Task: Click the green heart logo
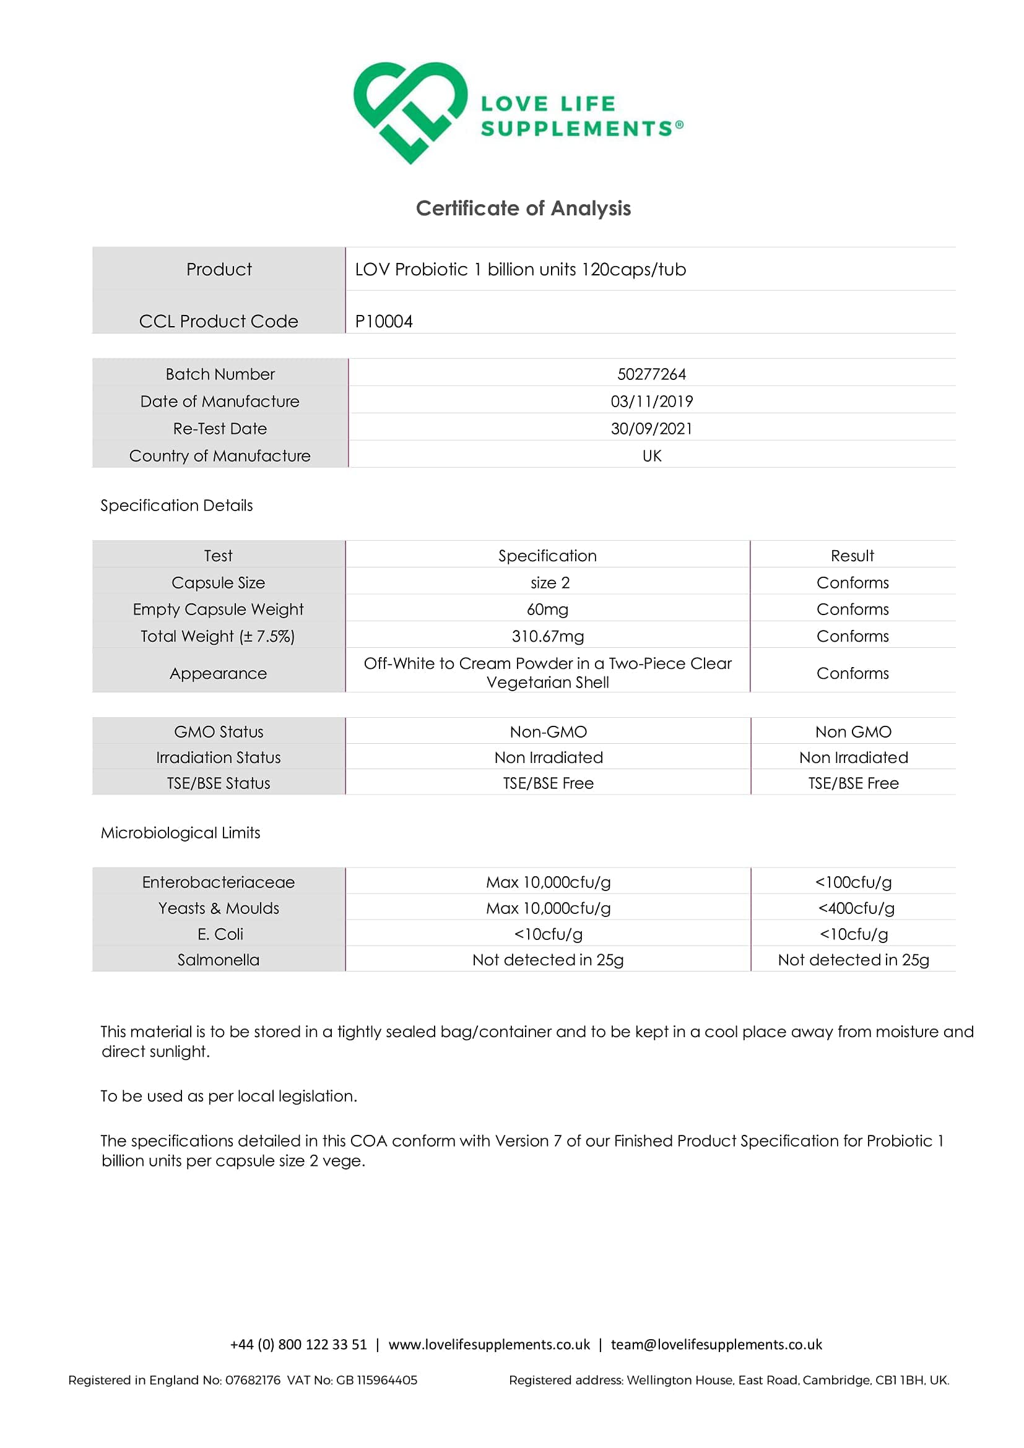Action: point(410,111)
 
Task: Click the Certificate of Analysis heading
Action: point(523,208)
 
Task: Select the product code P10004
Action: point(384,321)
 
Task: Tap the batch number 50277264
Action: point(651,374)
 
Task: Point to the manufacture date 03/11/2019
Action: point(651,401)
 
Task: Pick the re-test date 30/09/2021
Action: point(651,429)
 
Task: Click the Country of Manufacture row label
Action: point(220,456)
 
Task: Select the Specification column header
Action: point(547,556)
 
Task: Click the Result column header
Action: point(852,556)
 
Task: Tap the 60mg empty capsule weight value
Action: point(547,610)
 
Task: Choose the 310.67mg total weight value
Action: point(547,636)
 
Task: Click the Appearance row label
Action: point(219,673)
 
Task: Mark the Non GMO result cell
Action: point(853,731)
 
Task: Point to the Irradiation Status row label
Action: point(219,757)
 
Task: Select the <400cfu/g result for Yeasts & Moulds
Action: point(856,908)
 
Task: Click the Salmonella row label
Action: point(219,960)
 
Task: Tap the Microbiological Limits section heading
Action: point(180,832)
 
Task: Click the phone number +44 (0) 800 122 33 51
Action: point(298,1344)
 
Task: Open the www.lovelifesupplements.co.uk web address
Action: point(489,1344)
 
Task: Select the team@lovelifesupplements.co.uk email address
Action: point(716,1344)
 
